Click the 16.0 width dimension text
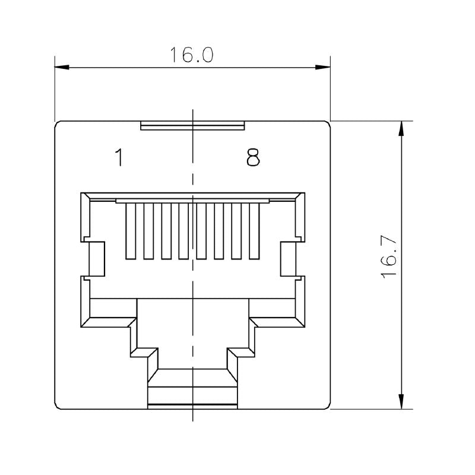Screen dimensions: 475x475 (191, 55)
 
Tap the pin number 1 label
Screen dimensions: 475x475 (119, 157)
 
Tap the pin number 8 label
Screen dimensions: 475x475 (254, 157)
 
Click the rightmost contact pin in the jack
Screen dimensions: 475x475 (255, 231)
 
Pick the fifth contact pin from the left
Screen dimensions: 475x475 (201, 231)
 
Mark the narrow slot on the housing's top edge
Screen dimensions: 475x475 (192, 125)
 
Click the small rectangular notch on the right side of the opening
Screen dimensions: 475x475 (292, 259)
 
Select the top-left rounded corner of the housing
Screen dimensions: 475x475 (58, 124)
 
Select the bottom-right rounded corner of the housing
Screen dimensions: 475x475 (327, 407)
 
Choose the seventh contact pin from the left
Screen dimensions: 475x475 (237, 231)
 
